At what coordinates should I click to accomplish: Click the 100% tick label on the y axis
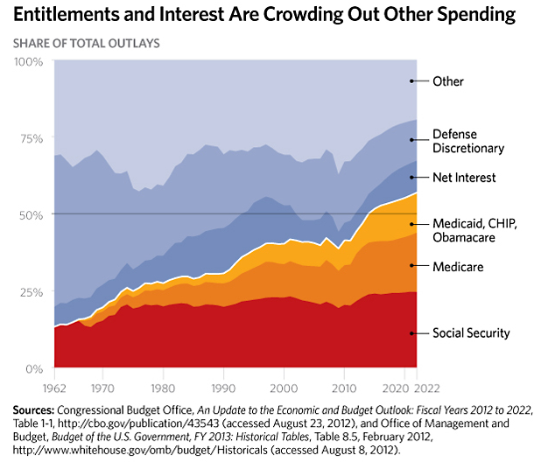point(28,62)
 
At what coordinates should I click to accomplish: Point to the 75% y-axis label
point(32,139)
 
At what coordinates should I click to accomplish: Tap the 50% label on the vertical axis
point(31,215)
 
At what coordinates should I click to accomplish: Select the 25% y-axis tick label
point(32,292)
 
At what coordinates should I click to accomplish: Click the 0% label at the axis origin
point(34,369)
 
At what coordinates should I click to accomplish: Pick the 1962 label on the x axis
point(54,388)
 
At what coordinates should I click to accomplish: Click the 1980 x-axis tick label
point(163,388)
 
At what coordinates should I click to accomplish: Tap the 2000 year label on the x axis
point(284,388)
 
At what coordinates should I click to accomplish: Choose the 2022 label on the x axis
point(427,388)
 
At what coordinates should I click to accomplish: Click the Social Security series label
point(471,333)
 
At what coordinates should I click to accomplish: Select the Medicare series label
point(458,267)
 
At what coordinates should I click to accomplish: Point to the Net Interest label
point(464,178)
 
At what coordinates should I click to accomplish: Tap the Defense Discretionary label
point(468,141)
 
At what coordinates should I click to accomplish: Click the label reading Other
point(448,81)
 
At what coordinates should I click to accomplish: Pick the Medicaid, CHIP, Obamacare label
point(475,230)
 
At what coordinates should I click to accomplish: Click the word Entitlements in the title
point(65,15)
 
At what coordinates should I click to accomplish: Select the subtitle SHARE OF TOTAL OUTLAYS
point(87,44)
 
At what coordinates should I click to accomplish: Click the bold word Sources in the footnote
point(34,410)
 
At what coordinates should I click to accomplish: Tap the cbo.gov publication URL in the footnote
point(138,423)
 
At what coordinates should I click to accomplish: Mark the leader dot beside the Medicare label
point(411,265)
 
